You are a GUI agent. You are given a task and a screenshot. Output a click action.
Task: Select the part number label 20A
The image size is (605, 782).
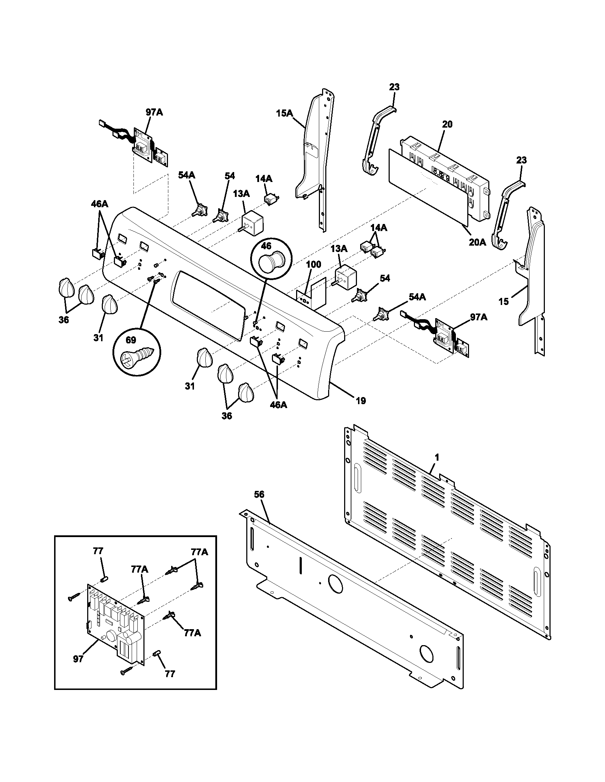pos(477,242)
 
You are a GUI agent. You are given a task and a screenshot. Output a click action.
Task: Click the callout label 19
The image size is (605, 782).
pos(361,401)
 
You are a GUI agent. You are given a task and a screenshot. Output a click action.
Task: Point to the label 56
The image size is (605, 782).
pos(259,494)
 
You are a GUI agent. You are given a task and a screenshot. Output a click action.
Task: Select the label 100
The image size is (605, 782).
pos(314,264)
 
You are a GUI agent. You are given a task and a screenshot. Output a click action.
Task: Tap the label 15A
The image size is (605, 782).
pos(284,113)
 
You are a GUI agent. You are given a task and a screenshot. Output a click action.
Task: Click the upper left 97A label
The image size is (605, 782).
pos(154,112)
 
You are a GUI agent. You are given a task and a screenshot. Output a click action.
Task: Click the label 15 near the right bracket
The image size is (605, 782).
pos(503,301)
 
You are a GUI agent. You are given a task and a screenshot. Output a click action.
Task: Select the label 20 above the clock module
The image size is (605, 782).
pos(447,124)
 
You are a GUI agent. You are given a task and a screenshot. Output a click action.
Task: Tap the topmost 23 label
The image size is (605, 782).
pos(394,87)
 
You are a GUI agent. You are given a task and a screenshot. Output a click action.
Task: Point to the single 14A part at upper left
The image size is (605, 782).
pos(271,198)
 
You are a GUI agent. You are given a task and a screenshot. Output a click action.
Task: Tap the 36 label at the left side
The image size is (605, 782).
pos(64,320)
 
